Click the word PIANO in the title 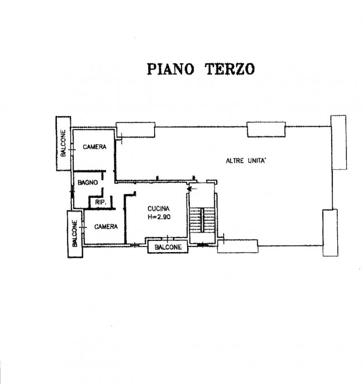[170, 69]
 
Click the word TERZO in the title [230, 69]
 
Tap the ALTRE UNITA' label [246, 161]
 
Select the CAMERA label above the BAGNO [95, 147]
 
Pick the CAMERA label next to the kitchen [106, 226]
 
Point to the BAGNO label [88, 182]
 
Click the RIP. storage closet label [101, 202]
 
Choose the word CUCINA [159, 208]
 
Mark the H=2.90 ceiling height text [159, 217]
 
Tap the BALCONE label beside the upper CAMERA [63, 143]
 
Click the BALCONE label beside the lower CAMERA [75, 234]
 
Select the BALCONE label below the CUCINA [168, 248]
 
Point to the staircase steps [202, 220]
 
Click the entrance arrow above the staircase [192, 189]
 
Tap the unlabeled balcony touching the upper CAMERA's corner [135, 130]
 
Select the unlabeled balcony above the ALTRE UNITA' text [266, 129]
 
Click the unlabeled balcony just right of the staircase [238, 246]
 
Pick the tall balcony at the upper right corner [339, 143]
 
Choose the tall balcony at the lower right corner [331, 233]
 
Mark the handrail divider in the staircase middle [202, 220]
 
